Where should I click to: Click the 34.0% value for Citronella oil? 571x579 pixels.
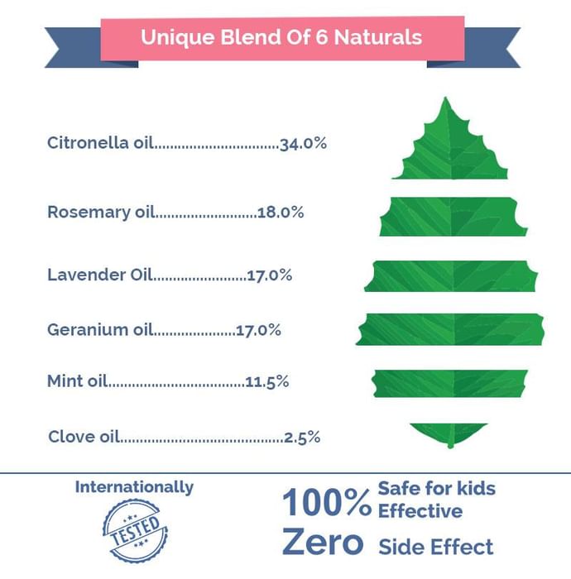coord(303,143)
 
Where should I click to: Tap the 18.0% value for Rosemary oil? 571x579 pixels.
coord(281,213)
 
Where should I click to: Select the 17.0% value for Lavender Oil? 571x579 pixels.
coord(269,275)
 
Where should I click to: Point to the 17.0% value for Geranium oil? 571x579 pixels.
coord(258,330)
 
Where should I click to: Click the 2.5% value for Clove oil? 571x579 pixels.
coord(301,437)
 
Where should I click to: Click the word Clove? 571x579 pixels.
coord(72,437)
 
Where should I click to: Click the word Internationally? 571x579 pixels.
coord(134,487)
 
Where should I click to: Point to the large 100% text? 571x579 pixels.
coord(327,501)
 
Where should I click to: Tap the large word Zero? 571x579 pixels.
coord(323,543)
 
